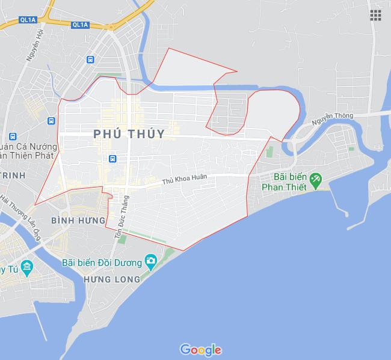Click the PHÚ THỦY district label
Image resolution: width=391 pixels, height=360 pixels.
129,134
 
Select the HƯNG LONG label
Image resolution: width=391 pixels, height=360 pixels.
111,279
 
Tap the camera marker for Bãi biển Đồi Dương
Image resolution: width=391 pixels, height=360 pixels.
150,261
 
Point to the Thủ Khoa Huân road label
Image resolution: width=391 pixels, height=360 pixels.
188,178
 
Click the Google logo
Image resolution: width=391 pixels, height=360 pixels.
200,350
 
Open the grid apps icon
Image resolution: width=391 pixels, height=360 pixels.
376,15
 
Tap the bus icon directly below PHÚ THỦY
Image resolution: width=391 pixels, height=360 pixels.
112,159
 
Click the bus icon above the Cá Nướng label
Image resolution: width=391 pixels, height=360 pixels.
52,121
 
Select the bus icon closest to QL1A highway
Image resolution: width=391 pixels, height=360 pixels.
90,59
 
